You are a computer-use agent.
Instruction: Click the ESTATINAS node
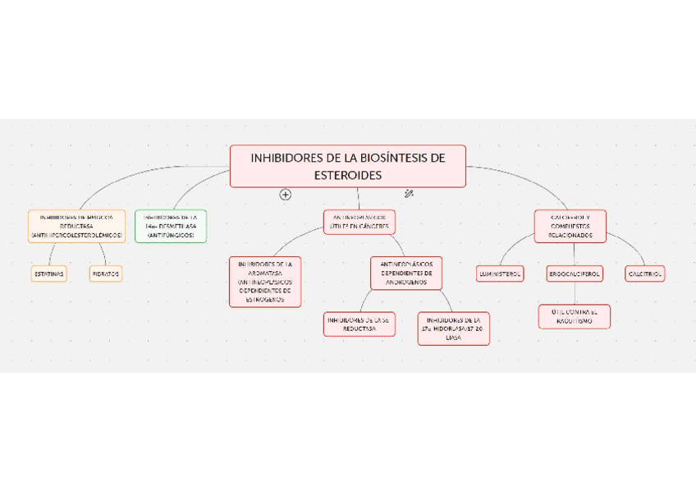48,274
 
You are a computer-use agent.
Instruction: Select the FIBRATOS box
106,274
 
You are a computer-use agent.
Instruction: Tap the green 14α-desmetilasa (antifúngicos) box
171,226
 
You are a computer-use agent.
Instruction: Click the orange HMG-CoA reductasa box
76,226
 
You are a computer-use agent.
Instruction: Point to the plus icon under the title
286,195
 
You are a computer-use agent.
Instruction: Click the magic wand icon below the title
409,194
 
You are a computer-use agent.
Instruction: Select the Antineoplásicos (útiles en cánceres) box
359,222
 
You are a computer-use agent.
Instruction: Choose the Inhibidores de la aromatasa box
265,282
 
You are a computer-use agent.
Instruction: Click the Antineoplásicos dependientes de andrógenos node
406,273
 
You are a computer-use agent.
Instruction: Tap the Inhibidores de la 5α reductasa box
358,324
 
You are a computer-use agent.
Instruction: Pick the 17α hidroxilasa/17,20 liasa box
453,329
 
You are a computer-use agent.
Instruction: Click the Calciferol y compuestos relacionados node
570,226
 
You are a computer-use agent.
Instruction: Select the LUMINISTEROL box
500,274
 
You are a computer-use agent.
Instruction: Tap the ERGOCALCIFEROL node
575,274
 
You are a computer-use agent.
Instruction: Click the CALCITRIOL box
645,274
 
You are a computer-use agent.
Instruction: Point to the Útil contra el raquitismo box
575,317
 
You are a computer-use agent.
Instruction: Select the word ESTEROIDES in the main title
348,176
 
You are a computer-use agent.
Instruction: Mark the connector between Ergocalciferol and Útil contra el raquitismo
575,293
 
